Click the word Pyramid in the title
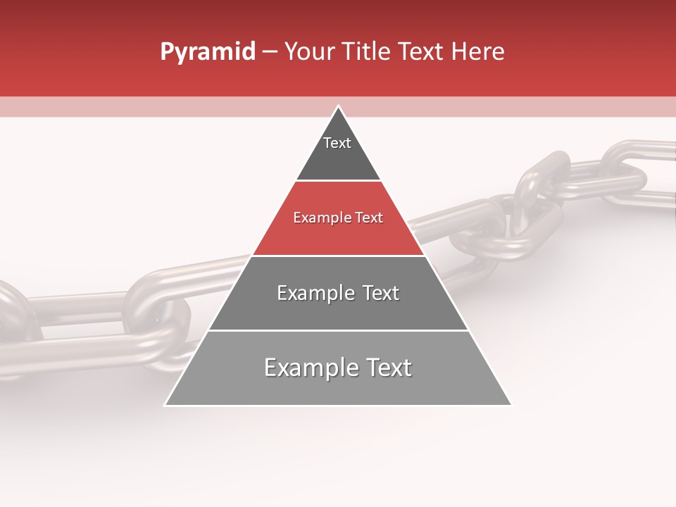tap(207, 52)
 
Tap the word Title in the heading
tap(363, 52)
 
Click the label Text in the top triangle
tap(337, 143)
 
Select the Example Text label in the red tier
tap(338, 218)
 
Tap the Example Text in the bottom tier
tap(338, 368)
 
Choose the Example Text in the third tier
tap(338, 293)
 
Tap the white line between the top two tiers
tap(338, 181)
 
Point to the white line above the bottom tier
tap(338, 330)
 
